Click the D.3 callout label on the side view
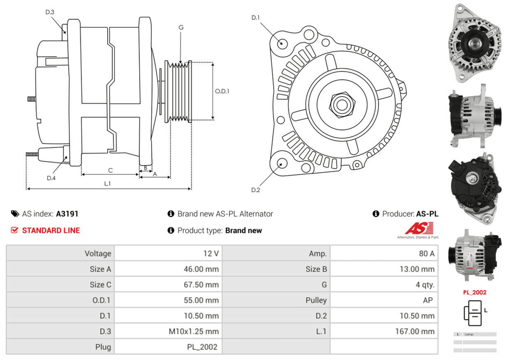49,12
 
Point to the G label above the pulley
181,27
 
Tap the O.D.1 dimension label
222,91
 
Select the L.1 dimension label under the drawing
107,183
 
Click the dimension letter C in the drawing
110,170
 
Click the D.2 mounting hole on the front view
281,163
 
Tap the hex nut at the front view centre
339,104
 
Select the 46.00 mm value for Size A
201,269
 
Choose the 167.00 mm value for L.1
414,331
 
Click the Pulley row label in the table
316,300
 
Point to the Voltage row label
98,253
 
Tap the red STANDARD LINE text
51,230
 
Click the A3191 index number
67,214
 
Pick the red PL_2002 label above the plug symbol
475,292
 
